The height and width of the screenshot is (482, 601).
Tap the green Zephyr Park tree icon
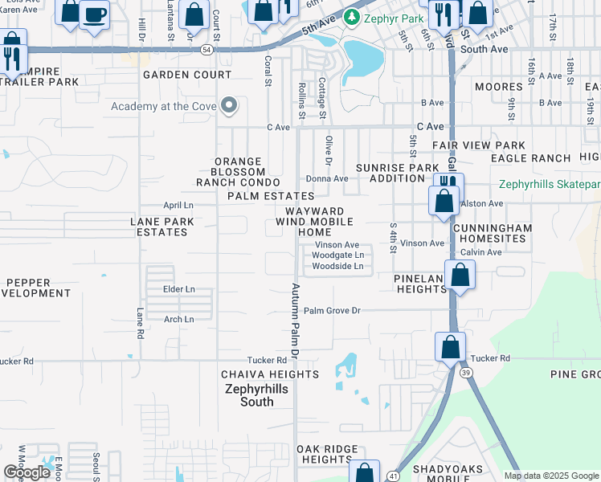[x=350, y=16]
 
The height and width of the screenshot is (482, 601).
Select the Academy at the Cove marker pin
[x=230, y=106]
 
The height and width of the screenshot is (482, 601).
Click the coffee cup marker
[x=94, y=14]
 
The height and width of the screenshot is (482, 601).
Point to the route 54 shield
[x=207, y=50]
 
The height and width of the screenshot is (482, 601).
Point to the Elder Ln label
[x=178, y=288]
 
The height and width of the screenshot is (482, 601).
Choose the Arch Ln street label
[x=178, y=319]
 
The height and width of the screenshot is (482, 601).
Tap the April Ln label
[x=178, y=205]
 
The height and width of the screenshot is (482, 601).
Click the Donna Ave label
[x=326, y=178]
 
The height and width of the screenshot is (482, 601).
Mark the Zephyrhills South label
[x=251, y=395]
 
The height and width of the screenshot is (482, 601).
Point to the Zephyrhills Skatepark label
[x=549, y=184]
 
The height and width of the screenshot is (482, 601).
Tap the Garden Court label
[x=187, y=75]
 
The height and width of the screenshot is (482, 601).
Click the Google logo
[x=26, y=472]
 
